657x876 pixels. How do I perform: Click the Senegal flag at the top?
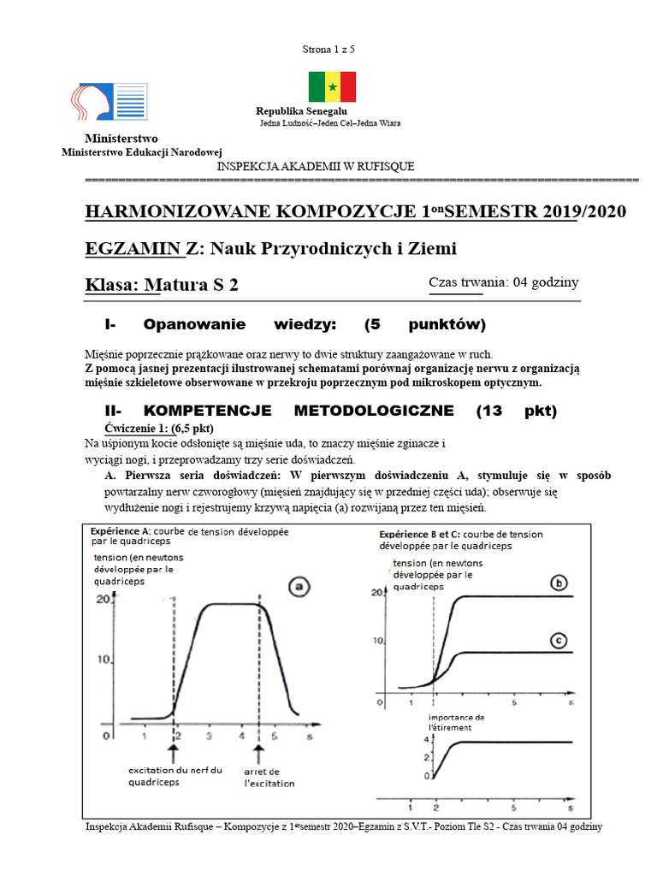(332, 87)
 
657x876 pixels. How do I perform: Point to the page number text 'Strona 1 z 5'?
(328, 50)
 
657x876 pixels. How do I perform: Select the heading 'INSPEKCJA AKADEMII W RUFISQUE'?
(317, 167)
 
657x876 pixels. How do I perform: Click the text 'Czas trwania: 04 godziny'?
(504, 282)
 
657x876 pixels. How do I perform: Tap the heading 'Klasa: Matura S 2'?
(163, 286)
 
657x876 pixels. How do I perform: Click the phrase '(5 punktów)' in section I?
(424, 324)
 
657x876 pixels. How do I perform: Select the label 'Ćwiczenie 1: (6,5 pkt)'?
(158, 428)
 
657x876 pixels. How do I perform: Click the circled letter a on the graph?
(299, 587)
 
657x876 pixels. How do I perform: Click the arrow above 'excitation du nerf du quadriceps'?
(175, 751)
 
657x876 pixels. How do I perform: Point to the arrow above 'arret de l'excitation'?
(261, 751)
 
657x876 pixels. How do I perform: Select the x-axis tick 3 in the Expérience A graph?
(210, 737)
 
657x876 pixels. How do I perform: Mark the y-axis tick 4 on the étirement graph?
(426, 738)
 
